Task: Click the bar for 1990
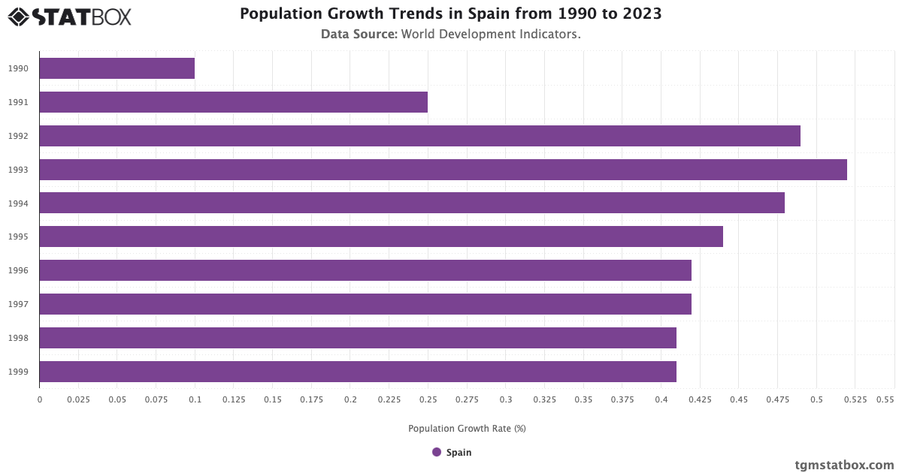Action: point(117,68)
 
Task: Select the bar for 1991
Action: point(233,102)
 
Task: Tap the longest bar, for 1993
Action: point(443,170)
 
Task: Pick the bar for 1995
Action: point(380,236)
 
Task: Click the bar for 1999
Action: point(357,372)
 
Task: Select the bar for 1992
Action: point(419,136)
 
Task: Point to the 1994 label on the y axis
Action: point(19,203)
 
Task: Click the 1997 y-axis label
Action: point(19,304)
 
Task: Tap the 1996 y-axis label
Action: point(19,270)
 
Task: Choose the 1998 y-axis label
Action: point(19,338)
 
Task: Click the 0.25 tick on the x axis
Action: point(428,399)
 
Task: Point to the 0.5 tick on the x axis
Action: point(816,399)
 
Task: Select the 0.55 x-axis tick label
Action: point(885,399)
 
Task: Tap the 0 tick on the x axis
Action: point(40,399)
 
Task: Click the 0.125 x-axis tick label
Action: point(234,399)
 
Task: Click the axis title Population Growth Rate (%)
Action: point(467,429)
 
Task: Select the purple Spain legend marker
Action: point(437,452)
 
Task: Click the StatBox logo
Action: point(70,17)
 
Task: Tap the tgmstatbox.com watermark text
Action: point(845,465)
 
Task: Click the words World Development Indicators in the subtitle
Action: point(491,34)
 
